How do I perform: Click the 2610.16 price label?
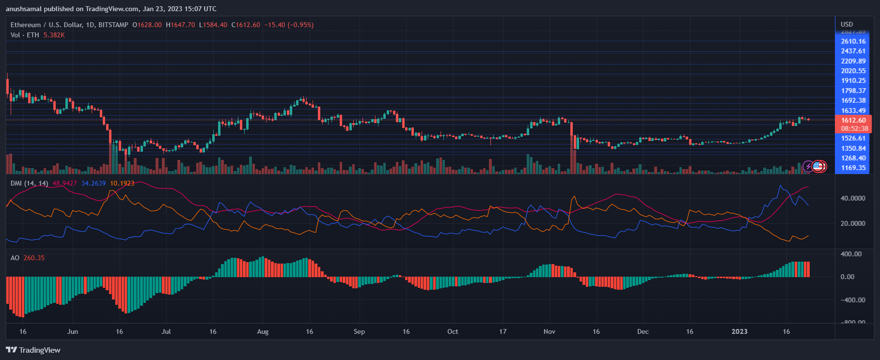(x=853, y=41)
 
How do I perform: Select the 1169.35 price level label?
(x=853, y=168)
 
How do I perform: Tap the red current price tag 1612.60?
(x=853, y=120)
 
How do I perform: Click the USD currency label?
(x=847, y=24)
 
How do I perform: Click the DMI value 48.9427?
(x=64, y=183)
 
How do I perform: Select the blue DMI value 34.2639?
(x=93, y=183)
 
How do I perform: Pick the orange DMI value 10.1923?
(x=122, y=183)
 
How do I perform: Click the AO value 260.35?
(x=34, y=258)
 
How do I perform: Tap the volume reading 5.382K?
(x=54, y=35)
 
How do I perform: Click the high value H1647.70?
(x=180, y=25)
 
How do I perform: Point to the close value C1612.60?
(x=246, y=25)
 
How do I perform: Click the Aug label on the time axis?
(x=262, y=331)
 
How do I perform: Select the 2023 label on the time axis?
(x=739, y=331)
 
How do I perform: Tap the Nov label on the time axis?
(x=549, y=331)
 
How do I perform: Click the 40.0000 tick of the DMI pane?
(x=852, y=198)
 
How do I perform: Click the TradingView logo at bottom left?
(x=33, y=350)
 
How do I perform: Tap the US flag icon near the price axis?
(x=818, y=166)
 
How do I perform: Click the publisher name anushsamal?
(x=24, y=9)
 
